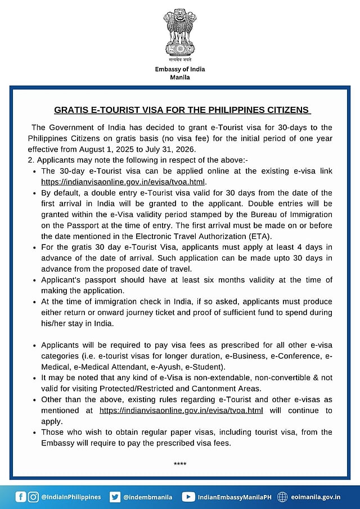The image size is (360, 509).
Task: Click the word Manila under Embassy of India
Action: pyautogui.click(x=180, y=77)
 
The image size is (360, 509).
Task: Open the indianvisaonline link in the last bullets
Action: pyautogui.click(x=181, y=411)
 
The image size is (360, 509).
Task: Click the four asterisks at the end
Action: pyautogui.click(x=180, y=464)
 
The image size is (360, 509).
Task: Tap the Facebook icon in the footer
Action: pyautogui.click(x=21, y=497)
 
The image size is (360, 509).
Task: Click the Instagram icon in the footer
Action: pyautogui.click(x=34, y=497)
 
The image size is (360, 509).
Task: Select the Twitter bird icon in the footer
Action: pyautogui.click(x=115, y=497)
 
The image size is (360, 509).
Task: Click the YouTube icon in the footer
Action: pyautogui.click(x=188, y=497)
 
